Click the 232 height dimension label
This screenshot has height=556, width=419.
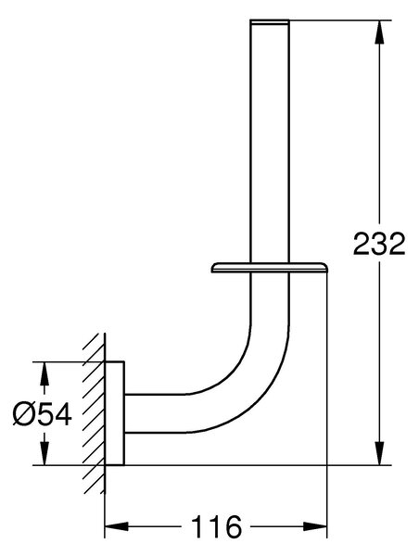[379, 244]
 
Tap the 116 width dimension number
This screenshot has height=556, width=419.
[216, 526]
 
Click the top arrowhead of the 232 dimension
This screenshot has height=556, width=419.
[379, 32]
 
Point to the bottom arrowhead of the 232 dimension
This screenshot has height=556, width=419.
[379, 453]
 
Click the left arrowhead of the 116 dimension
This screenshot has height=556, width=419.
[117, 525]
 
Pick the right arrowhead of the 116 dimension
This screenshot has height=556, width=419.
[315, 525]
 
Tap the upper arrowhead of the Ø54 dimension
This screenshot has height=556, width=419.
[44, 373]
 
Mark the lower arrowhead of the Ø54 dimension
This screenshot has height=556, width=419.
[44, 453]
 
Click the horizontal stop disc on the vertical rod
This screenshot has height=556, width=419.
[270, 268]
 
